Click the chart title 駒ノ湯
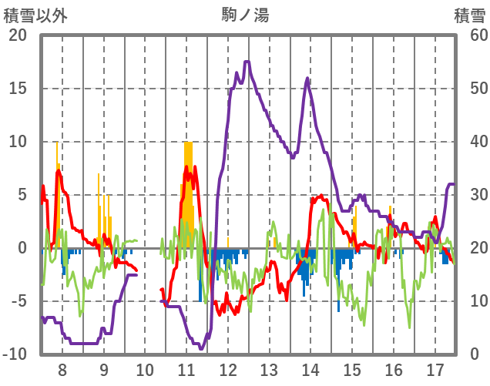click(x=245, y=15)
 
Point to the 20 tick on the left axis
click(x=17, y=35)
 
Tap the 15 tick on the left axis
click(x=17, y=89)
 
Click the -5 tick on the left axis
click(x=18, y=301)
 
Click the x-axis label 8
click(x=62, y=369)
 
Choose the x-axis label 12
click(x=228, y=369)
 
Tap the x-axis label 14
click(x=311, y=369)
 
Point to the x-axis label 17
click(x=435, y=369)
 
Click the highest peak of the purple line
click(x=247, y=62)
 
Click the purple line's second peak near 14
click(x=307, y=78)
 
